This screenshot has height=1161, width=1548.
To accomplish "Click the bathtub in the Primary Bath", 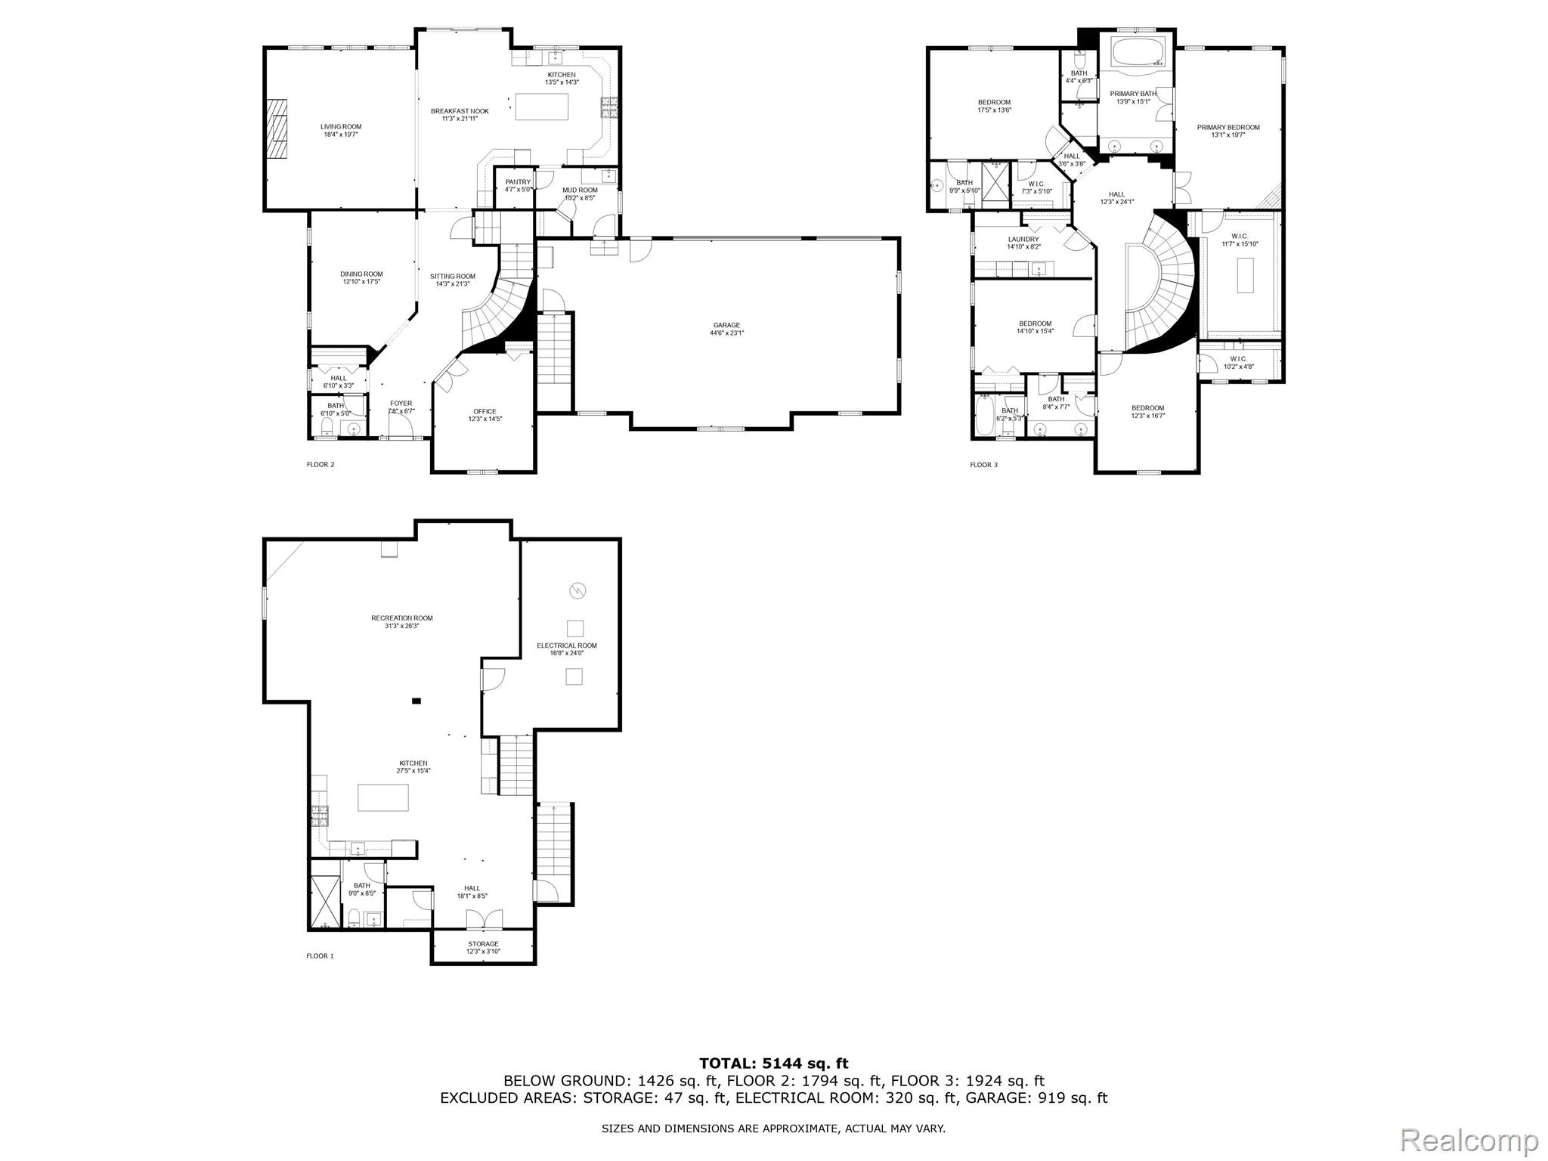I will point(1135,54).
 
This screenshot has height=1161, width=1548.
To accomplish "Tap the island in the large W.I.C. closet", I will point(1245,275).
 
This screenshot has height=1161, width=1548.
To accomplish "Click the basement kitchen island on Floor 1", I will point(383,797).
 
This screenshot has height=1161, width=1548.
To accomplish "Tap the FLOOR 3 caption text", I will point(983,465).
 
